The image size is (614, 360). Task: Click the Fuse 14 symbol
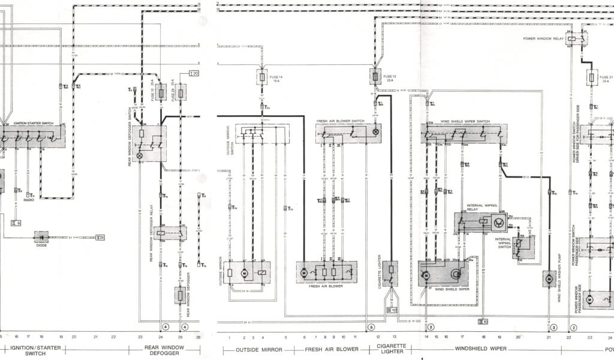[263, 77]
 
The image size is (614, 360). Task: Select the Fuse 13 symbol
[375, 77]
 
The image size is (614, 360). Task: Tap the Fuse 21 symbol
[592, 78]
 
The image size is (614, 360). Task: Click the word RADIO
[29, 200]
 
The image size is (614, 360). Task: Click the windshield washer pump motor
[549, 278]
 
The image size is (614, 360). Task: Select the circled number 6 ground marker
[371, 327]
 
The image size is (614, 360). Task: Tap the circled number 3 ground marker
[554, 327]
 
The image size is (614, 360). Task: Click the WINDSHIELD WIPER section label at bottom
[481, 349]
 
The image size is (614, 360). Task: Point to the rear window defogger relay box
[170, 233]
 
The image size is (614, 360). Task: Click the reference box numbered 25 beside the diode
[100, 238]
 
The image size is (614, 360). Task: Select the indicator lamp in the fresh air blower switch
[376, 132]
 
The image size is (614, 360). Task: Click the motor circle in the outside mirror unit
[244, 274]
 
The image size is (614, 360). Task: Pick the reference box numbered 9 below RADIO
[16, 223]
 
